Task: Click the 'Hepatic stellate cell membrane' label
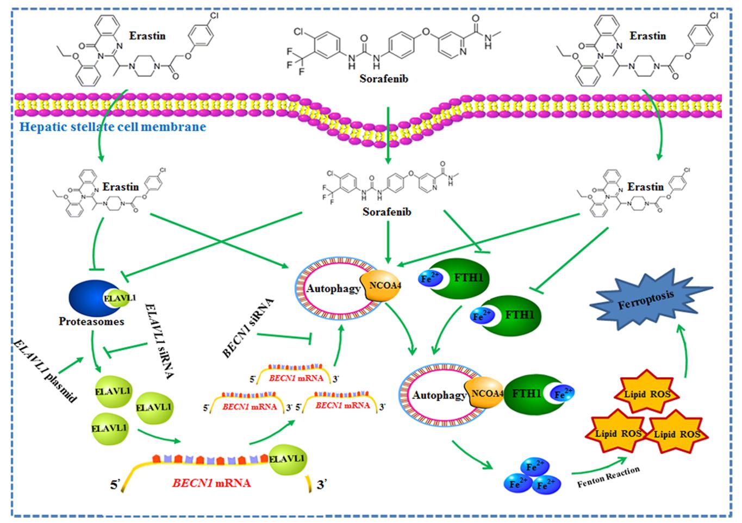tap(113, 127)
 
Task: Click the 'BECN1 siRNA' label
tap(248, 328)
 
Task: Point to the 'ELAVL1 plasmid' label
tap(45, 370)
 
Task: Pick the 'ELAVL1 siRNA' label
tap(158, 341)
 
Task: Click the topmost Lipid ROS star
tap(646, 394)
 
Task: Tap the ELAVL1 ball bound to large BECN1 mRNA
tap(287, 459)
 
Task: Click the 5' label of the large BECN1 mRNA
tap(115, 484)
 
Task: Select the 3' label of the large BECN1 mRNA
tap(322, 484)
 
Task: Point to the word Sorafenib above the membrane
tap(383, 78)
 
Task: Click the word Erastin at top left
tap(147, 36)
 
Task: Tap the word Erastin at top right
tap(647, 36)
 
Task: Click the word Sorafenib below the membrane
tap(386, 211)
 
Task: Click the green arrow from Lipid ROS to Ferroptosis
tap(681, 348)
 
